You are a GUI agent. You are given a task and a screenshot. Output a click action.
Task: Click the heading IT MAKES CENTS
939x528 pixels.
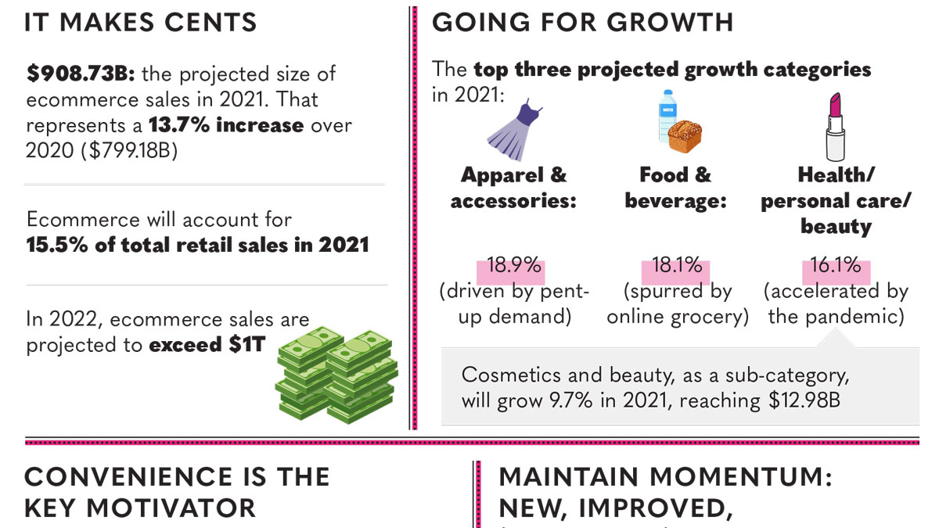(141, 22)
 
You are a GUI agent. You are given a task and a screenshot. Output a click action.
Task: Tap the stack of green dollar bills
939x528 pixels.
(336, 374)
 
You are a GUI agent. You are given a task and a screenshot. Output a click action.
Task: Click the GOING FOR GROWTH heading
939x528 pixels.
(583, 22)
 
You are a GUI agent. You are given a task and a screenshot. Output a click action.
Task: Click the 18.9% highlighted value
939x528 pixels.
(514, 265)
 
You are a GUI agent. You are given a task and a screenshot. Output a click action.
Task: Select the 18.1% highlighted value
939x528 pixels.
(677, 265)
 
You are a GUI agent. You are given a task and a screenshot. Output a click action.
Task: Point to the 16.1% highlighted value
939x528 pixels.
(835, 265)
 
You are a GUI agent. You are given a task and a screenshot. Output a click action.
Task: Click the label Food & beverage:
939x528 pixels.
(675, 188)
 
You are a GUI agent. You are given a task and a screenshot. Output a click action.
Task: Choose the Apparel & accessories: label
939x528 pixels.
(513, 188)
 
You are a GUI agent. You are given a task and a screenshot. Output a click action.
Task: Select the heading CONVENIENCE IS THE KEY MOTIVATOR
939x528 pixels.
(177, 491)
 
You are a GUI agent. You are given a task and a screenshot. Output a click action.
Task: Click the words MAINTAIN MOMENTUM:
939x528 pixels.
(665, 477)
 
